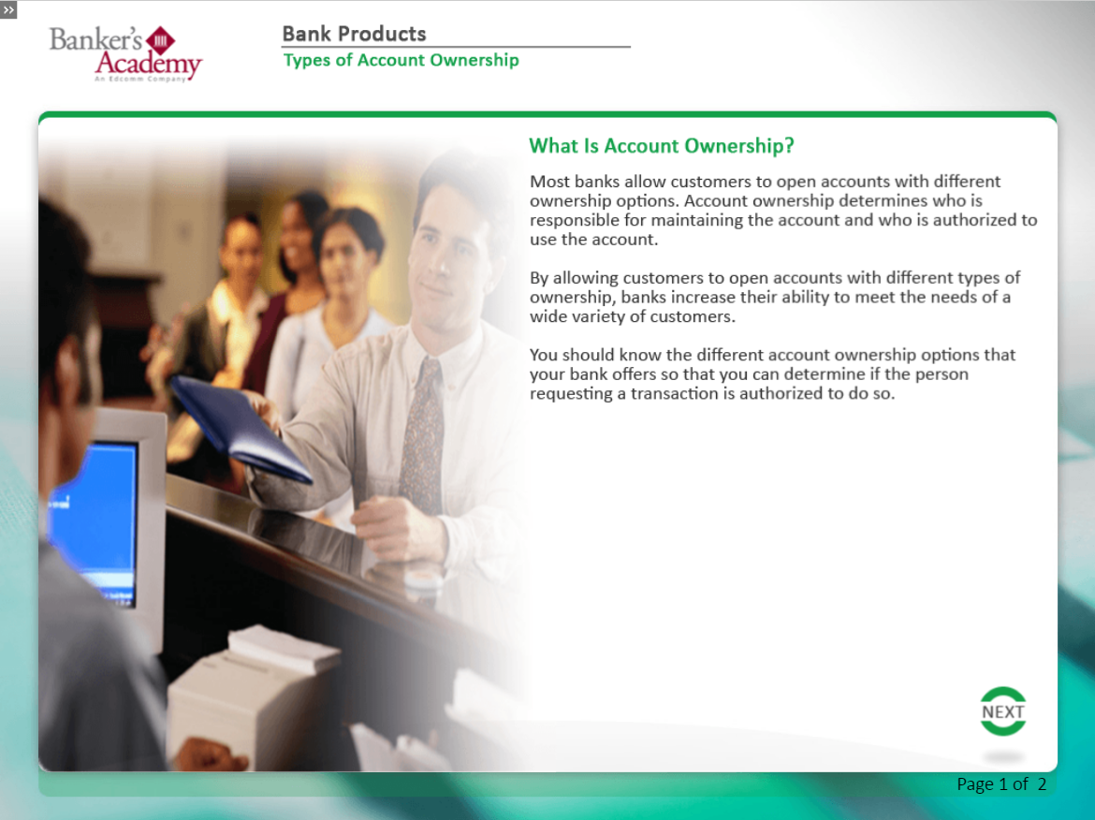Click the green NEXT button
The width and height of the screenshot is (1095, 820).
tap(1003, 711)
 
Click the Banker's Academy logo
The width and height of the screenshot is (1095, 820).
tap(125, 53)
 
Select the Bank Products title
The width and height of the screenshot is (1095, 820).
tap(354, 34)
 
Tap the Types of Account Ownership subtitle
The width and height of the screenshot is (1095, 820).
tap(401, 60)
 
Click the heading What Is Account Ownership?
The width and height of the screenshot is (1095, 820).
tap(662, 145)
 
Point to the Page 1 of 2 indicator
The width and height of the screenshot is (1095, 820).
tap(1001, 784)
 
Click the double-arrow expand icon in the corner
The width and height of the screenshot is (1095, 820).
tap(8, 9)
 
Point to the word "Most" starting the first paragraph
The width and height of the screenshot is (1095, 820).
tap(549, 182)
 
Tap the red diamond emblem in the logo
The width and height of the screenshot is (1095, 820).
tap(161, 40)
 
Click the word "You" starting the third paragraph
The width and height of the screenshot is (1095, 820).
tap(544, 355)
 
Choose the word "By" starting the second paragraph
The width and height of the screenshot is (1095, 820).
tap(538, 279)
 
